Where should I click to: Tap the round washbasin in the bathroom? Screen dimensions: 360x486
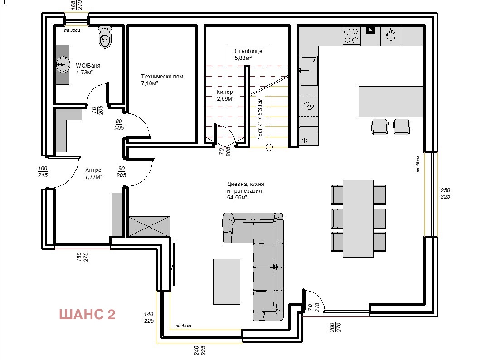pyautogui.click(x=62, y=65)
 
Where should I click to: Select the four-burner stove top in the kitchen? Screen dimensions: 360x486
pyautogui.click(x=351, y=36)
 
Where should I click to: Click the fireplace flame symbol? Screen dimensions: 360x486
pyautogui.click(x=390, y=35)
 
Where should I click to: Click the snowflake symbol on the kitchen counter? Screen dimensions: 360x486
pyautogui.click(x=305, y=140)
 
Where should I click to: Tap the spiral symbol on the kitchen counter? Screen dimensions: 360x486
pyautogui.click(x=308, y=106)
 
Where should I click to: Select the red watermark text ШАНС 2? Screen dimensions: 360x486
pyautogui.click(x=87, y=314)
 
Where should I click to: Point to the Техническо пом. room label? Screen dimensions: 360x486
pyautogui.click(x=162, y=77)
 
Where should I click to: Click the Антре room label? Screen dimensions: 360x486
pyautogui.click(x=93, y=170)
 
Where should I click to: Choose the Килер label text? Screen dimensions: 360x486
pyautogui.click(x=224, y=92)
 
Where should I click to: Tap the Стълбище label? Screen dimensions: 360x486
pyautogui.click(x=248, y=51)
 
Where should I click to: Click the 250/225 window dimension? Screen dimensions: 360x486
pyautogui.click(x=445, y=194)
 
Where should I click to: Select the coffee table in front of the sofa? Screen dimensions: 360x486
pyautogui.click(x=227, y=281)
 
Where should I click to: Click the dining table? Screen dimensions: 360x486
pyautogui.click(x=358, y=218)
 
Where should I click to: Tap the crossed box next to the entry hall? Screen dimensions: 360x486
pyautogui.click(x=149, y=226)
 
